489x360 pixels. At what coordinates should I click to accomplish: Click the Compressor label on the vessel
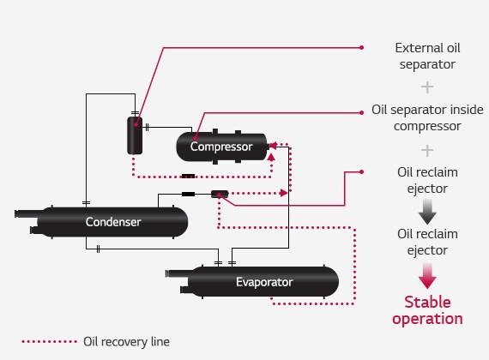pyautogui.click(x=221, y=147)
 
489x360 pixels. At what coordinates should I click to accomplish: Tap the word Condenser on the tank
pyautogui.click(x=113, y=222)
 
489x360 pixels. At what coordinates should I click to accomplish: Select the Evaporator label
pyautogui.click(x=264, y=281)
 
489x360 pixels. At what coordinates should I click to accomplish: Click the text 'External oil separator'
pyautogui.click(x=426, y=55)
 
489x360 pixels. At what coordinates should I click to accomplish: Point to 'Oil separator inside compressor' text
pyautogui.click(x=426, y=118)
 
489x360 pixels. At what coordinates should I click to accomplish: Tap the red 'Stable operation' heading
pyautogui.click(x=426, y=309)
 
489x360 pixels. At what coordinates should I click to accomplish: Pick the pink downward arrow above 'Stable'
pyautogui.click(x=426, y=275)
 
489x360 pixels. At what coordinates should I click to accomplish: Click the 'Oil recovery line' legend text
pyautogui.click(x=127, y=341)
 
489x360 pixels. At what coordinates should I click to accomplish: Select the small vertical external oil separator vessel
pyautogui.click(x=135, y=135)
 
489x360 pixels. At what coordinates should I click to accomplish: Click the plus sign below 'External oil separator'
pyautogui.click(x=426, y=87)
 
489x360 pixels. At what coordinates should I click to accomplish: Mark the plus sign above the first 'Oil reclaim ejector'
pyautogui.click(x=426, y=149)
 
